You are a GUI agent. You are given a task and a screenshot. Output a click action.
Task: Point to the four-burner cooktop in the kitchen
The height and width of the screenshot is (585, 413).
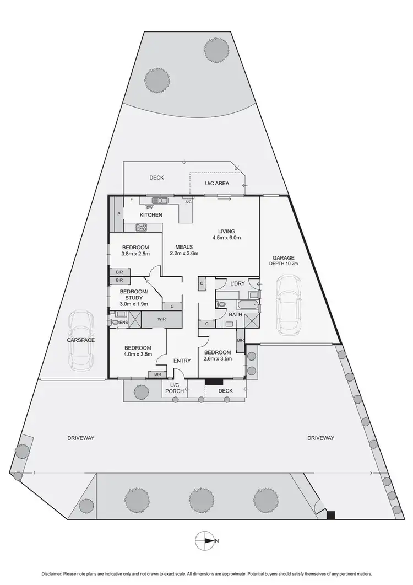click(x=142, y=227)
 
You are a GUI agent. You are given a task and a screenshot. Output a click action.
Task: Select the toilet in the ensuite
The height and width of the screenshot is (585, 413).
click(x=115, y=321)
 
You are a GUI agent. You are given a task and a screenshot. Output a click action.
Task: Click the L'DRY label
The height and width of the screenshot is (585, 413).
click(x=238, y=283)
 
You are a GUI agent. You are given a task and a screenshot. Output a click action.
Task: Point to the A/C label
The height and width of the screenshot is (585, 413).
click(x=189, y=202)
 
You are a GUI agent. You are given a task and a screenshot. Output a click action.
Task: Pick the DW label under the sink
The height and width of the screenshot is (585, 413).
click(x=149, y=207)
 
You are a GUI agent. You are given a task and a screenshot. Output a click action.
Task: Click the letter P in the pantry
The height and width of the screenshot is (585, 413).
click(x=118, y=214)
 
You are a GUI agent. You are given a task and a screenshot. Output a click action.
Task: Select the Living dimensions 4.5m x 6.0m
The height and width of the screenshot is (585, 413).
click(x=226, y=238)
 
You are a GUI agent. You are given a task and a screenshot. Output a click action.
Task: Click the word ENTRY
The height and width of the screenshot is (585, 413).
click(x=182, y=361)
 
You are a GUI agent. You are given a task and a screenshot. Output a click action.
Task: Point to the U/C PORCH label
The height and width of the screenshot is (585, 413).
click(x=175, y=388)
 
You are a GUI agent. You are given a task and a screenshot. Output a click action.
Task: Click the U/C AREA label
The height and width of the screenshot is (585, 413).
click(x=218, y=184)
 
